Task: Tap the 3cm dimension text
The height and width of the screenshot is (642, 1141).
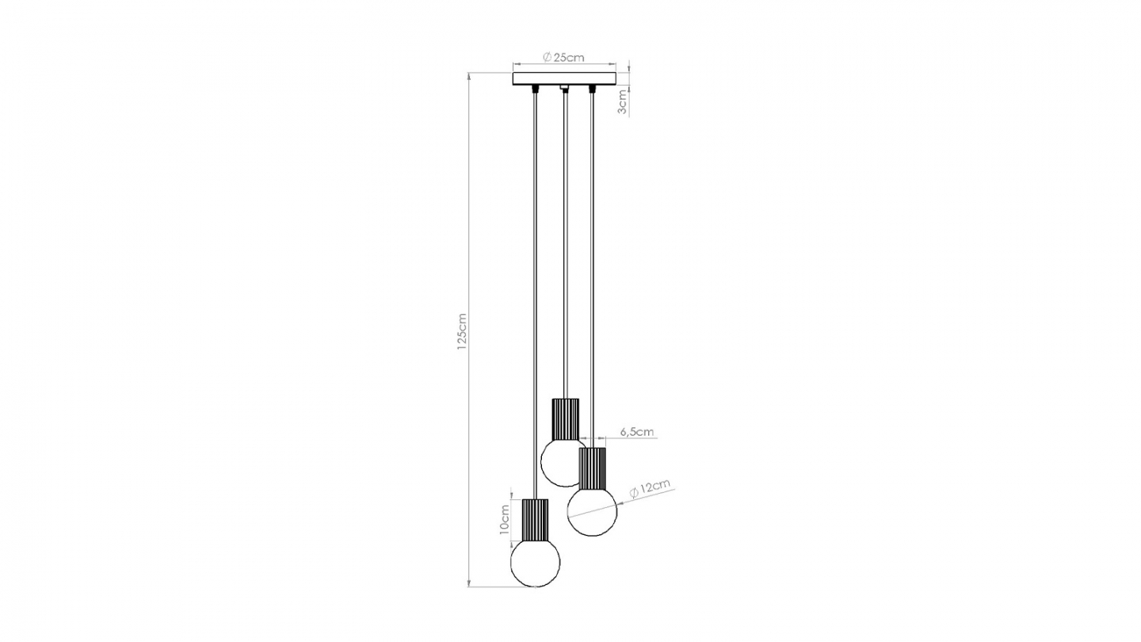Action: click(x=623, y=101)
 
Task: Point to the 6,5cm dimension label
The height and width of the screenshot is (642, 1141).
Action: click(x=636, y=432)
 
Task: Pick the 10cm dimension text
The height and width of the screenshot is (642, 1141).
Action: click(x=505, y=520)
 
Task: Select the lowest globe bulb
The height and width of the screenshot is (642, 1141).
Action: click(x=535, y=563)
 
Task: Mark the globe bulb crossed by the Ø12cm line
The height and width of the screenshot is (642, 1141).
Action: click(x=592, y=512)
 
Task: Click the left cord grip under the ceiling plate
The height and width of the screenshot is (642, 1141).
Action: click(x=535, y=88)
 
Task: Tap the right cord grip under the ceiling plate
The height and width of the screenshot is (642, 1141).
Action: click(x=592, y=88)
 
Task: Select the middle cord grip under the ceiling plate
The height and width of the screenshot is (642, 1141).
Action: click(x=564, y=88)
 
